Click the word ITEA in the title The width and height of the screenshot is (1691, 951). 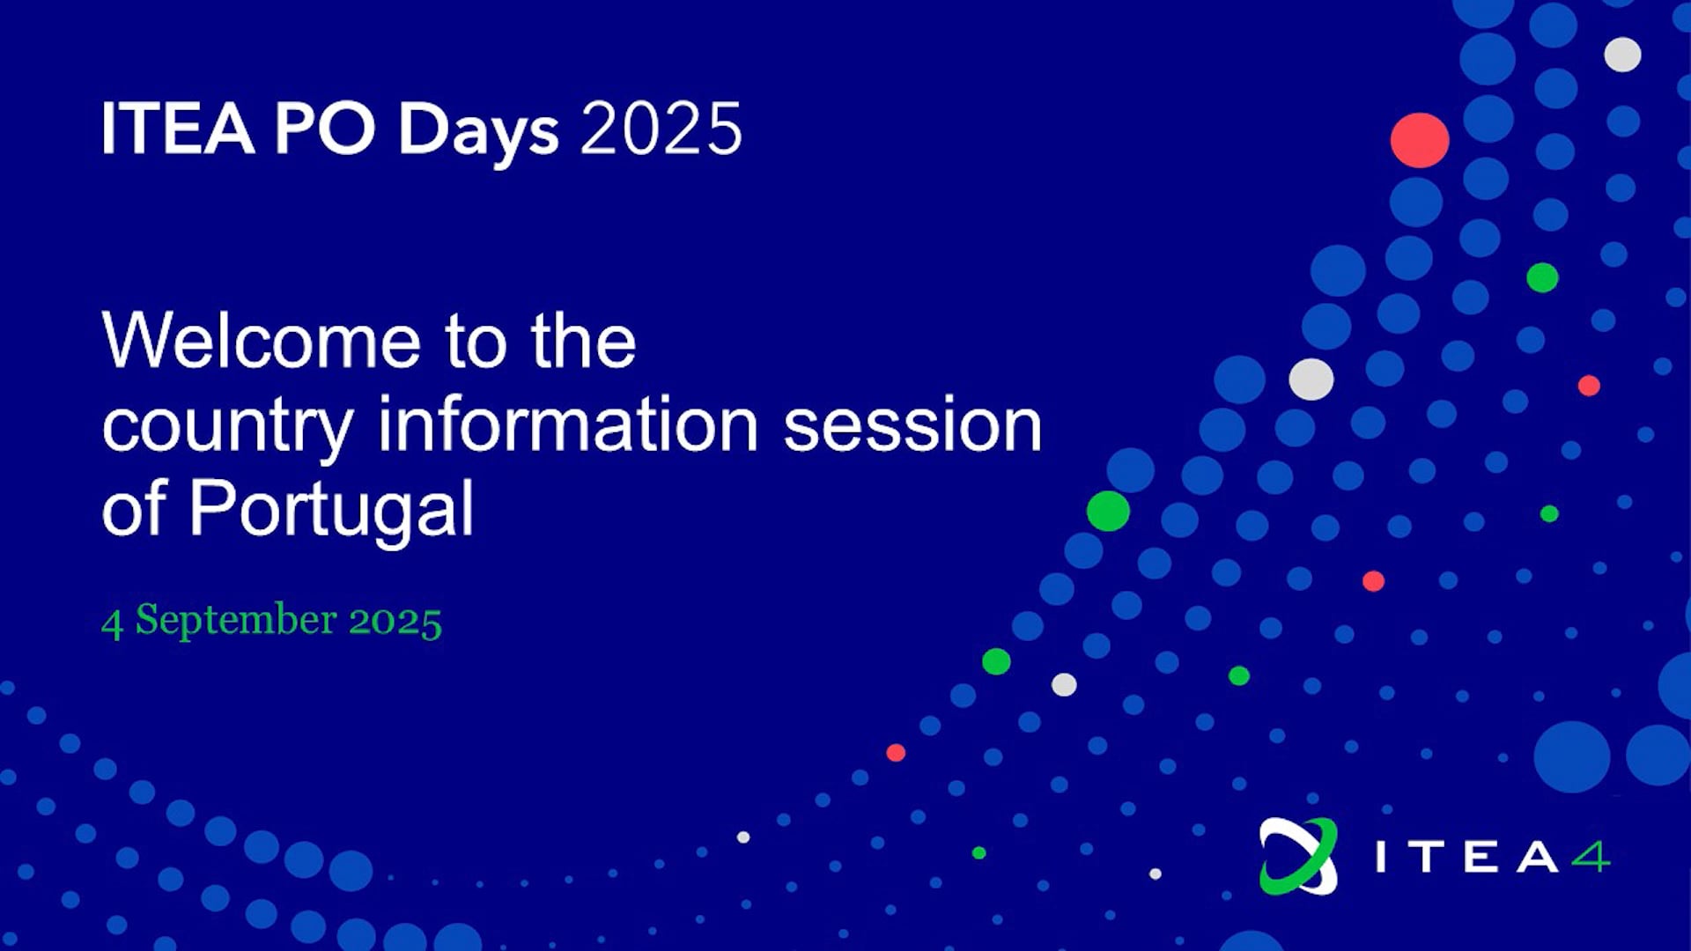pyautogui.click(x=178, y=129)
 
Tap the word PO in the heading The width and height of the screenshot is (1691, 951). pyautogui.click(x=325, y=129)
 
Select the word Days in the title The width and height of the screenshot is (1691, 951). pyautogui.click(x=478, y=132)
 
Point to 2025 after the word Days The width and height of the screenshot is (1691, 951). pyautogui.click(x=661, y=129)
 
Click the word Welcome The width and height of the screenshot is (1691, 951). pyautogui.click(x=262, y=341)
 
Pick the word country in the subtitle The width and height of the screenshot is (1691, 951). pyautogui.click(x=227, y=429)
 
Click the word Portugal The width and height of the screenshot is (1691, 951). pyautogui.click(x=331, y=511)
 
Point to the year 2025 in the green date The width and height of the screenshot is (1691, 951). pyautogui.click(x=395, y=622)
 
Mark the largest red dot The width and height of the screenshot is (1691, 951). pyautogui.click(x=1420, y=140)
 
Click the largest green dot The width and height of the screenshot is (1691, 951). pyautogui.click(x=1108, y=511)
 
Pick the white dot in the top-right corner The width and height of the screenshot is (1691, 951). pyautogui.click(x=1622, y=55)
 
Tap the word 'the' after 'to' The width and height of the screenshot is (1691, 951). pyautogui.click(x=583, y=341)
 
